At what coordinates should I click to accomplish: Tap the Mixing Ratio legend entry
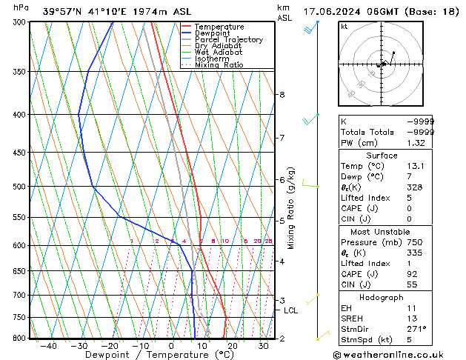tap(219, 65)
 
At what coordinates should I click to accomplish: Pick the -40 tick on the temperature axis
tap(49, 345)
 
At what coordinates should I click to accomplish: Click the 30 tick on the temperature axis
tap(264, 345)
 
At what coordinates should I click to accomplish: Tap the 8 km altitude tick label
tap(282, 95)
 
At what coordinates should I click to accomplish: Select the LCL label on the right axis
tap(290, 310)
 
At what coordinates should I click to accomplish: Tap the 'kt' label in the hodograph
tap(344, 27)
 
